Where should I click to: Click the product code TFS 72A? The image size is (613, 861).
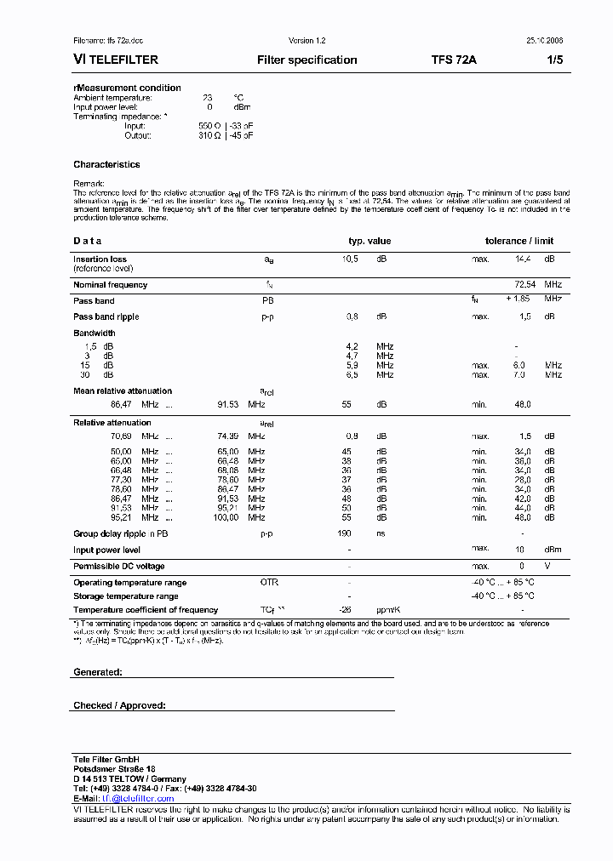455,60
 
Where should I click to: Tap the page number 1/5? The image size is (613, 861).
554,60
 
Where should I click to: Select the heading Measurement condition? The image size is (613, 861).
128,88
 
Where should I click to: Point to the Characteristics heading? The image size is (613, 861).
106,164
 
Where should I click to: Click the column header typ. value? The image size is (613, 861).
370,241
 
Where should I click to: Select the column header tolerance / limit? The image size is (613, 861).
519,241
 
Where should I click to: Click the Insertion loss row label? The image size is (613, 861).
100,259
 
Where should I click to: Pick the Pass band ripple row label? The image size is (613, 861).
106,316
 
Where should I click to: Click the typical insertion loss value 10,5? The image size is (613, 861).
350,259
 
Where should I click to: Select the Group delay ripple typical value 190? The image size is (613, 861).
344,533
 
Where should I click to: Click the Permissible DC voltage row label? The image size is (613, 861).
118,566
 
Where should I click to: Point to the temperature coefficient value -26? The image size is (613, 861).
346,610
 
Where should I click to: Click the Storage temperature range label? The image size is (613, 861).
125,596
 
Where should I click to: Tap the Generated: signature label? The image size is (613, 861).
98,672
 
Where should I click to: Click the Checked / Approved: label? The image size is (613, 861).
119,705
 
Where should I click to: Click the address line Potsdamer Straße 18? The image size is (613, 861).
114,768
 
